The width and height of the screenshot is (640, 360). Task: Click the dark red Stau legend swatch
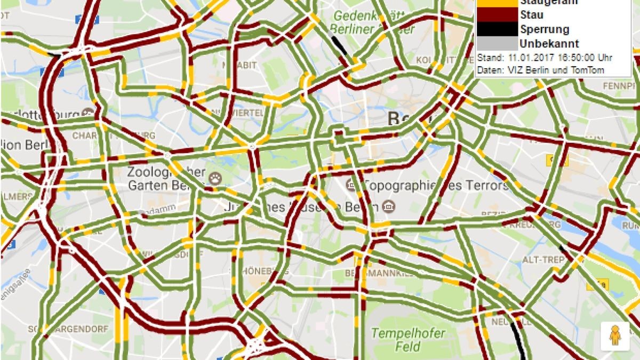pos(497,15)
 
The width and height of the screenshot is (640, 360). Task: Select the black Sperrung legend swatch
pos(497,29)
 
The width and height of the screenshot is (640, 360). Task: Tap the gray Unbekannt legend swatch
pos(497,43)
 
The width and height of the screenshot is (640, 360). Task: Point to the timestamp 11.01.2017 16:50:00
pos(553,58)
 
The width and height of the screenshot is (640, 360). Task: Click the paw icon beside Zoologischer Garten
pos(215,178)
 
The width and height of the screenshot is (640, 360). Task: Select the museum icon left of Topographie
pos(351,185)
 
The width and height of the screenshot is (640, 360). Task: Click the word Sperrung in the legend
pos(545,29)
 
